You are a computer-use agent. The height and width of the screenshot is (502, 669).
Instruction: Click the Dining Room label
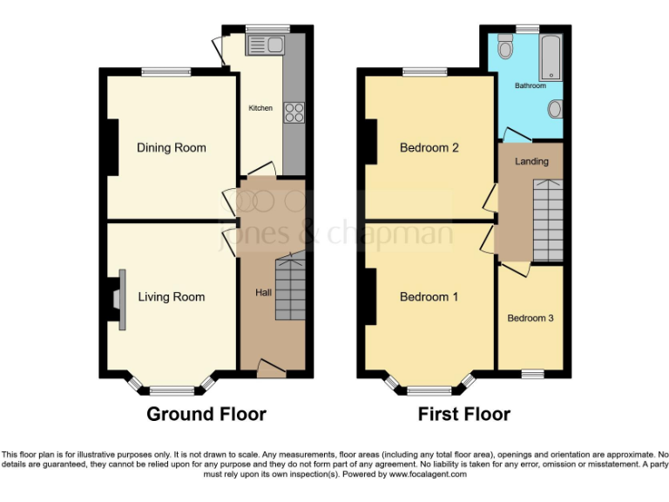(172, 147)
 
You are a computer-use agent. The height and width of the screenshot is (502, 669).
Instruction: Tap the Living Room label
(172, 297)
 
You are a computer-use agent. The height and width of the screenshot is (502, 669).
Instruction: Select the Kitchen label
(260, 108)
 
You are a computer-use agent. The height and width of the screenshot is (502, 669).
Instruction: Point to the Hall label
(262, 292)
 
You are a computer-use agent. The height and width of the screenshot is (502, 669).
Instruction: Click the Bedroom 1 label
(429, 297)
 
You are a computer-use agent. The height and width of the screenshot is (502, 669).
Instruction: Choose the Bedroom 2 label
(429, 147)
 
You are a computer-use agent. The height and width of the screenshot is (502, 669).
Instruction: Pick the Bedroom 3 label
(530, 318)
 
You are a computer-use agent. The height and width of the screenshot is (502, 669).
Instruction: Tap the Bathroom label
(530, 85)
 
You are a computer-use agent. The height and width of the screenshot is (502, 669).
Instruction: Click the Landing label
(531, 161)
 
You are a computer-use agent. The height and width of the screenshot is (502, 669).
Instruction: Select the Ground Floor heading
(206, 414)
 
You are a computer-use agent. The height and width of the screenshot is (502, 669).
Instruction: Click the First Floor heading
(464, 414)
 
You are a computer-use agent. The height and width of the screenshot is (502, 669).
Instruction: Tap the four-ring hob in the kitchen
(294, 112)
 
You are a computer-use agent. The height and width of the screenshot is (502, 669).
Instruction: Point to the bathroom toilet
(554, 110)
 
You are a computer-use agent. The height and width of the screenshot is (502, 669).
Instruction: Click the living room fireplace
(118, 299)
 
